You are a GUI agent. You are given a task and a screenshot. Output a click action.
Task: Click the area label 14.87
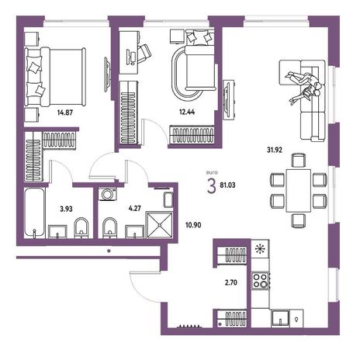(x=65, y=112)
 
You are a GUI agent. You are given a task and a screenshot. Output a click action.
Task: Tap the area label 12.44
(x=187, y=112)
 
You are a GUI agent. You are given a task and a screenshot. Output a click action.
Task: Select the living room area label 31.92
(x=275, y=150)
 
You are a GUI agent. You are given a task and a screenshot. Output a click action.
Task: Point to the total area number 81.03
(x=227, y=185)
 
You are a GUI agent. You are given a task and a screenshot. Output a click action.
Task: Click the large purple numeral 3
(x=211, y=187)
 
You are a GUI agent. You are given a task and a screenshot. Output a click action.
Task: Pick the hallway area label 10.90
(x=193, y=225)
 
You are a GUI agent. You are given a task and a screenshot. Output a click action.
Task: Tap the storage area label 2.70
(x=231, y=282)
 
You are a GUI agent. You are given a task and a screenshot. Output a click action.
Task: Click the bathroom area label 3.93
(x=66, y=209)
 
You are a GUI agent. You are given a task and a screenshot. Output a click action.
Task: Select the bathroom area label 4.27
(x=135, y=208)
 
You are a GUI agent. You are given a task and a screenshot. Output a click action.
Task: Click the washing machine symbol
(x=108, y=194)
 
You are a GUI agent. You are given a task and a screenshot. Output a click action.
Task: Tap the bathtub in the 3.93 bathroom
(x=34, y=212)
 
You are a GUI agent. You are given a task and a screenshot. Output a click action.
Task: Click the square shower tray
(x=160, y=224)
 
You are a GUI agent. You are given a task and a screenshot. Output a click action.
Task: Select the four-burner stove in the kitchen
(x=260, y=280)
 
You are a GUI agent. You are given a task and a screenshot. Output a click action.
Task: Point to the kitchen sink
(x=280, y=318)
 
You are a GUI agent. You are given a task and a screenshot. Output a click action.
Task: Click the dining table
(x=299, y=191)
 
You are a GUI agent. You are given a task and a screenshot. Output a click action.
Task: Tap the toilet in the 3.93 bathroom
(x=81, y=227)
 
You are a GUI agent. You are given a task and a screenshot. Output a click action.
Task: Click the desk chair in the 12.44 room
(x=143, y=54)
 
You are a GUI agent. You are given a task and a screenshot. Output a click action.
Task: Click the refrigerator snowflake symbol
(x=260, y=249)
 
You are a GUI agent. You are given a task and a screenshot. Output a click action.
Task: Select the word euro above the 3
(x=212, y=172)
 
